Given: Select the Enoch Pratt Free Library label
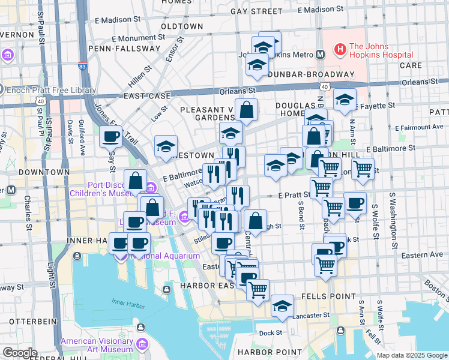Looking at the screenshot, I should tap(51, 91).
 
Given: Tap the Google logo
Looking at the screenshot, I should tap(20, 352).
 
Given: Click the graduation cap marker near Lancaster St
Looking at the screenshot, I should tap(282, 305).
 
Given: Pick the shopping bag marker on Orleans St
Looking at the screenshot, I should tap(246, 110).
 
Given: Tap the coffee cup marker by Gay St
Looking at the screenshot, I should tap(110, 137).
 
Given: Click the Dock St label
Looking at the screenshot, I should tap(271, 332).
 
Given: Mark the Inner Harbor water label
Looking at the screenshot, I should tap(127, 305).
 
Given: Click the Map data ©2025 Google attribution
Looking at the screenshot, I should tap(411, 355).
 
